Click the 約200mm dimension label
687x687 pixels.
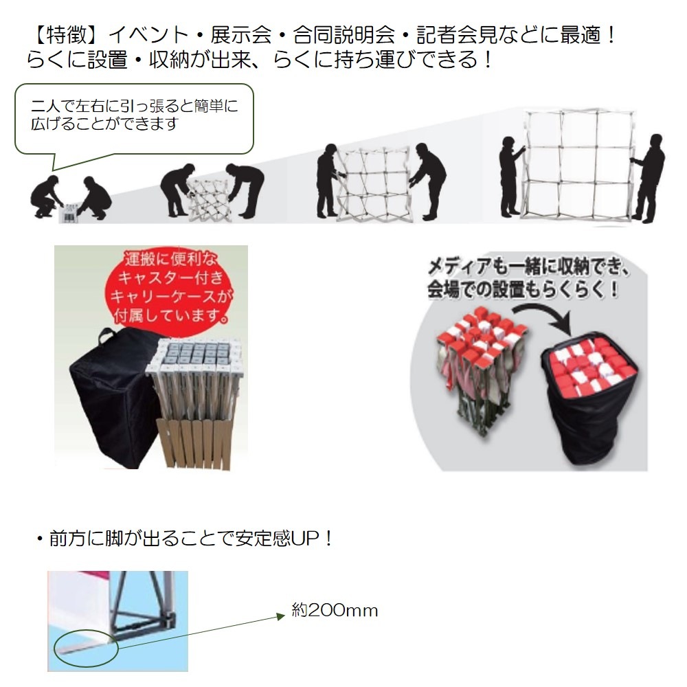pos(335,610)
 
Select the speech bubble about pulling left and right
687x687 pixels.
pos(135,118)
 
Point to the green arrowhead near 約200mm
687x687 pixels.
pos(280,616)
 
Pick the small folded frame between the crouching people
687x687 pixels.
pos(70,210)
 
